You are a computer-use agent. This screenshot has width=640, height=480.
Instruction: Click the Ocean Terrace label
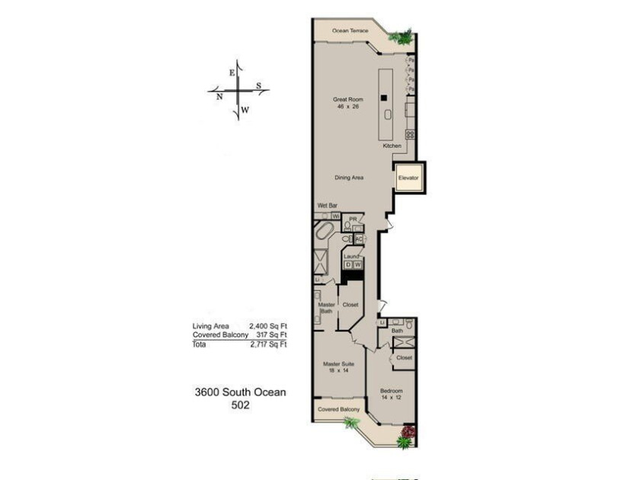[350, 31]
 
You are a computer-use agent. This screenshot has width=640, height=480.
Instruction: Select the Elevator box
[409, 178]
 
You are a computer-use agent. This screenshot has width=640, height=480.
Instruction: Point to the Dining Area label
[349, 178]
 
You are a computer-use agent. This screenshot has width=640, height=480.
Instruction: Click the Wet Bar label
[327, 206]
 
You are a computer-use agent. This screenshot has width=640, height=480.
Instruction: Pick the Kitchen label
[392, 146]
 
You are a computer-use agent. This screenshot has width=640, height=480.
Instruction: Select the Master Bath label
[326, 307]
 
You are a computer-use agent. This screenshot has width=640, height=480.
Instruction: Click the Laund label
[351, 257]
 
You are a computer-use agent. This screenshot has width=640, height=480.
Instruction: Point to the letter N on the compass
[219, 97]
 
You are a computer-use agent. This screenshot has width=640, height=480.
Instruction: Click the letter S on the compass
[258, 85]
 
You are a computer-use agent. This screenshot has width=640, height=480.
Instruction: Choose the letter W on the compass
[245, 110]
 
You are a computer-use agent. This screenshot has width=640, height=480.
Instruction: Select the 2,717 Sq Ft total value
[267, 344]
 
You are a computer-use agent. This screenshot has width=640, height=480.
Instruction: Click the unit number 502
[241, 405]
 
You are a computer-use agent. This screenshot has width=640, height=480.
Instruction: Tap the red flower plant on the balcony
[408, 435]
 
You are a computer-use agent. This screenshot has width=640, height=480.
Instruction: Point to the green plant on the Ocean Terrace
[401, 36]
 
